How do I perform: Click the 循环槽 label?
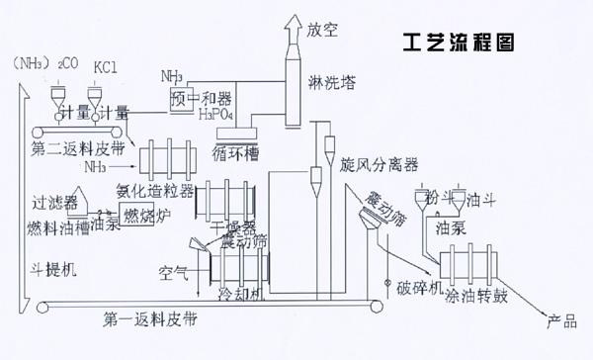click(234, 155)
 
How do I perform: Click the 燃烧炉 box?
click(145, 213)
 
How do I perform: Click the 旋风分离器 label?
click(380, 162)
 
